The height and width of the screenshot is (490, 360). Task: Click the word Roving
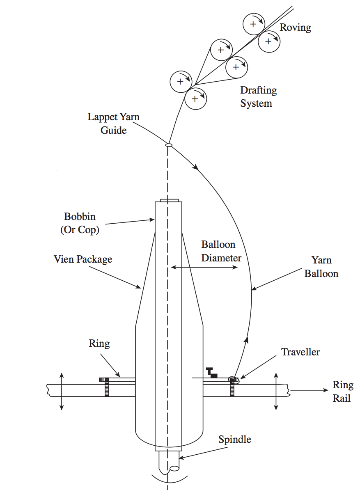(295, 27)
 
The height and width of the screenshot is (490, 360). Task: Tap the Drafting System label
(258, 96)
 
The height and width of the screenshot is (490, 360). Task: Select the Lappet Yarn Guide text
(113, 123)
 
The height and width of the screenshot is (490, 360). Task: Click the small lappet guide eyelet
(168, 144)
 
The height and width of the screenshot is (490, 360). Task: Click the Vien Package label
(83, 259)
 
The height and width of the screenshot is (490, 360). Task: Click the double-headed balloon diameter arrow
(204, 268)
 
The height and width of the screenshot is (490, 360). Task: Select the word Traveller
(300, 352)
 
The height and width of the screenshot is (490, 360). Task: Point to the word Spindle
(235, 440)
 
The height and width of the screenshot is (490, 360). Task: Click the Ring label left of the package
(99, 343)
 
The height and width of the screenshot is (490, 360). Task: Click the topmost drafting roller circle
(253, 24)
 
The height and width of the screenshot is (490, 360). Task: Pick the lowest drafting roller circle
(195, 98)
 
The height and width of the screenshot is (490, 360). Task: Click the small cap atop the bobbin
(169, 200)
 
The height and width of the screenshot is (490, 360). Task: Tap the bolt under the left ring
(107, 388)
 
